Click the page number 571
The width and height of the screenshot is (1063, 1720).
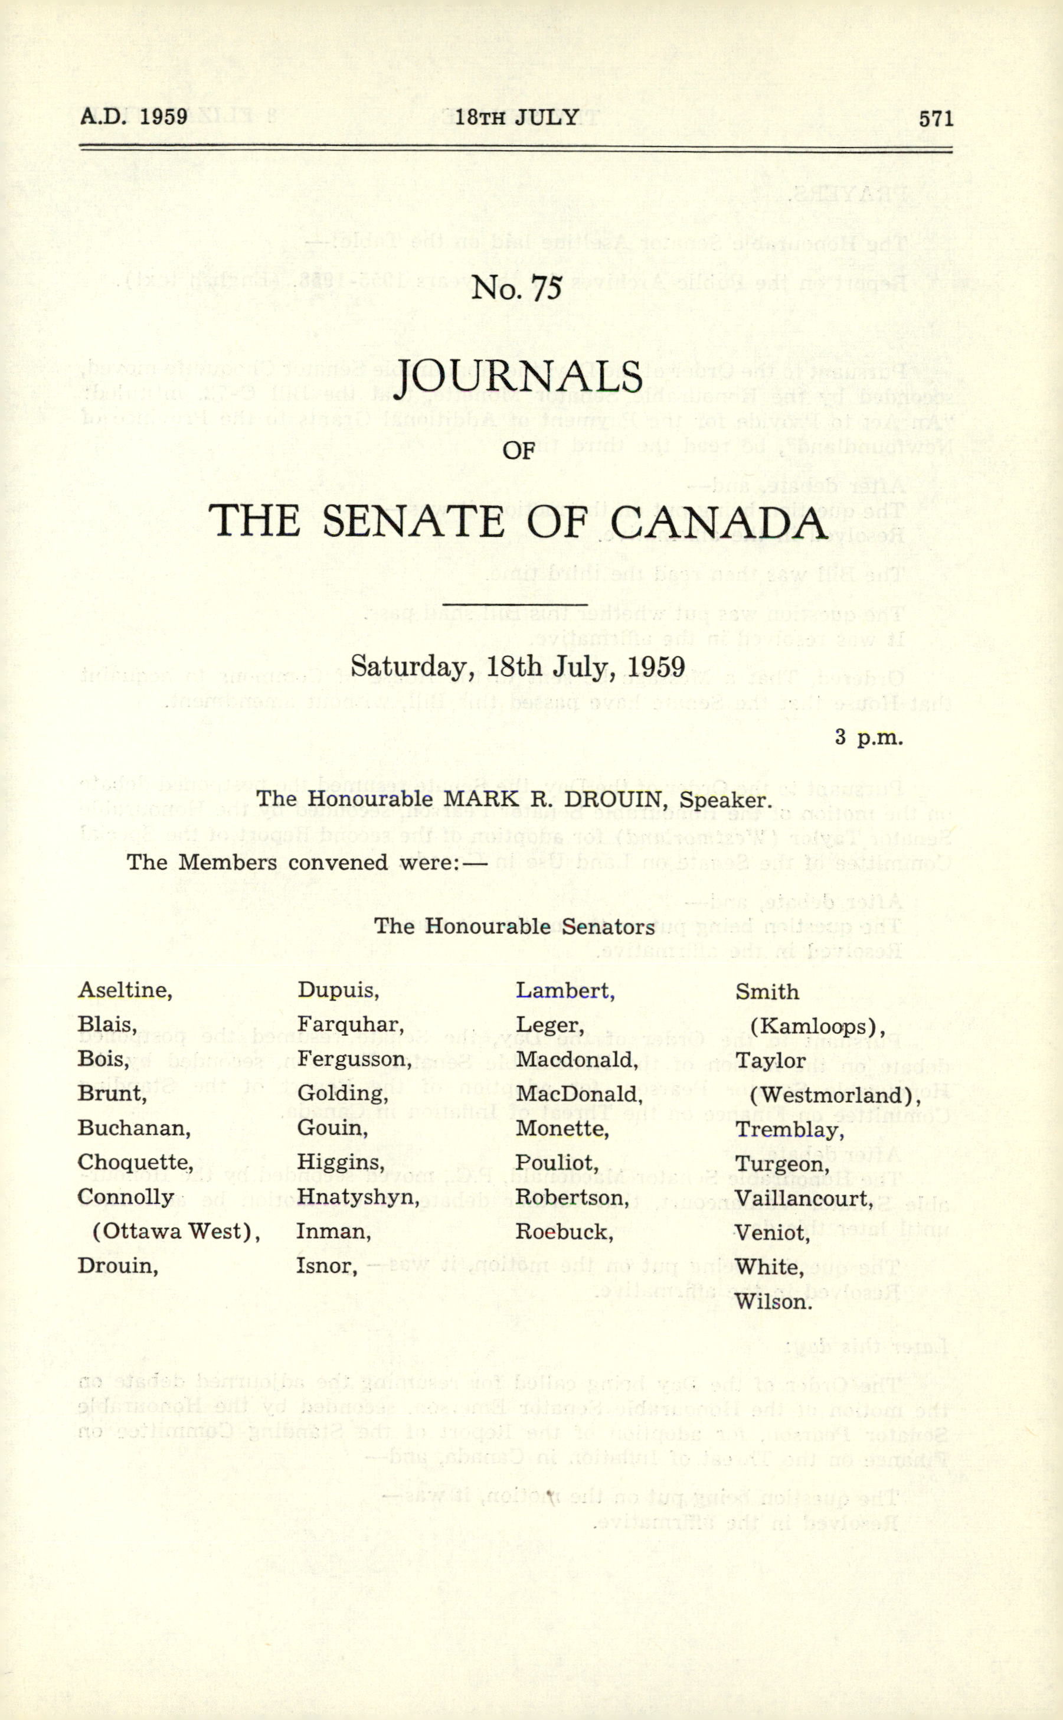[936, 118]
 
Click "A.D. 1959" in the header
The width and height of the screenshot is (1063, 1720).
[133, 116]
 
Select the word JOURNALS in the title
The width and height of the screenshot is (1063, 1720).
[519, 378]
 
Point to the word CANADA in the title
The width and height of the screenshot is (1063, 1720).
[718, 523]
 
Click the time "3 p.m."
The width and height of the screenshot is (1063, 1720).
[868, 737]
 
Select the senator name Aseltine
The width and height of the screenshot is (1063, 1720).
[125, 990]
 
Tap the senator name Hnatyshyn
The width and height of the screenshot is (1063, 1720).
[358, 1197]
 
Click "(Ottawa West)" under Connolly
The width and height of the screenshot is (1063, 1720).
[176, 1231]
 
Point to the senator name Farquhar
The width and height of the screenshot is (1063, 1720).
[350, 1024]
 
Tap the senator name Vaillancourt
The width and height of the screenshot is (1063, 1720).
[802, 1198]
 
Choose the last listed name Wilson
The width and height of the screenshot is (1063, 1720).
[773, 1301]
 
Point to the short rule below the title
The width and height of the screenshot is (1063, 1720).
[515, 603]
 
